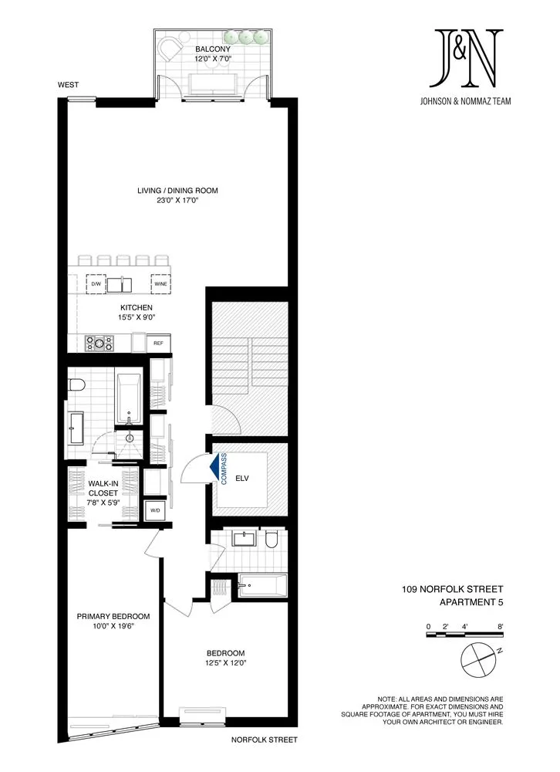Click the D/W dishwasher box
[96, 284]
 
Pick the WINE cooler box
[160, 284]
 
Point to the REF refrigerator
[159, 343]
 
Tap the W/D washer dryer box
[154, 510]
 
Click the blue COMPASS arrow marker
[213, 467]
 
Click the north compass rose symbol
[480, 661]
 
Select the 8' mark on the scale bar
[501, 626]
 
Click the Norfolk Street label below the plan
[264, 740]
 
